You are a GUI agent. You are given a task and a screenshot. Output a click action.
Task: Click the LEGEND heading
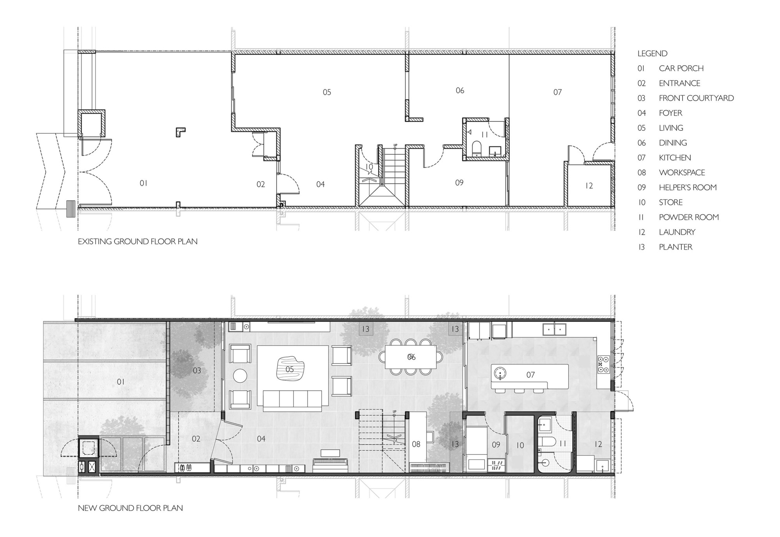[652, 53]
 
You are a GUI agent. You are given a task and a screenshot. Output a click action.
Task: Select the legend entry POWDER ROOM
[688, 217]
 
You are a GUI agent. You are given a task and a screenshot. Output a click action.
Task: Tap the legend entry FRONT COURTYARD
[696, 98]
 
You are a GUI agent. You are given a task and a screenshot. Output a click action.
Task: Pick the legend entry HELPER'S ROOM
[687, 188]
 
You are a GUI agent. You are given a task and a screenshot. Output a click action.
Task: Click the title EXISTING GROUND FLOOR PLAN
[137, 242]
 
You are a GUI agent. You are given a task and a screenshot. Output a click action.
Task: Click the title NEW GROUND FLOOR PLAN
[130, 508]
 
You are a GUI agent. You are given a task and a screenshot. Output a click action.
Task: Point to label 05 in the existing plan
[327, 92]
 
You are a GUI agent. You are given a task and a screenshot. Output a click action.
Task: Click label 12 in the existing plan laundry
[589, 186]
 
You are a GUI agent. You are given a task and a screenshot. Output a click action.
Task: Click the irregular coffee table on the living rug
[290, 369]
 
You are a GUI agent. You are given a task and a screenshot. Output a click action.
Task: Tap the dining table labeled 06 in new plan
[411, 357]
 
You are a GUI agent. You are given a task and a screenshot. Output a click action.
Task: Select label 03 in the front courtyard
[197, 370]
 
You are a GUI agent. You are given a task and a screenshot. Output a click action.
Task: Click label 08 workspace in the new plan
[416, 444]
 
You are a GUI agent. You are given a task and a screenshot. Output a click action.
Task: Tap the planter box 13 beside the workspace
[455, 444]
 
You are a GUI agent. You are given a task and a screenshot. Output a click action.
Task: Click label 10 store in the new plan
[520, 445]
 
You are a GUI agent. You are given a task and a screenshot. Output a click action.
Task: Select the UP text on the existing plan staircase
[395, 146]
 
